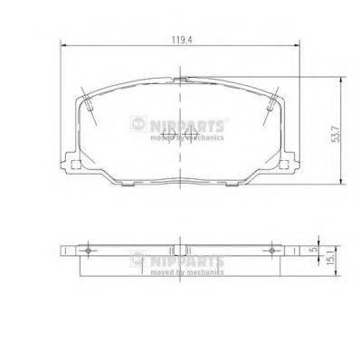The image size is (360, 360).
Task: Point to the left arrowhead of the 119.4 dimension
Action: coord(61,48)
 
